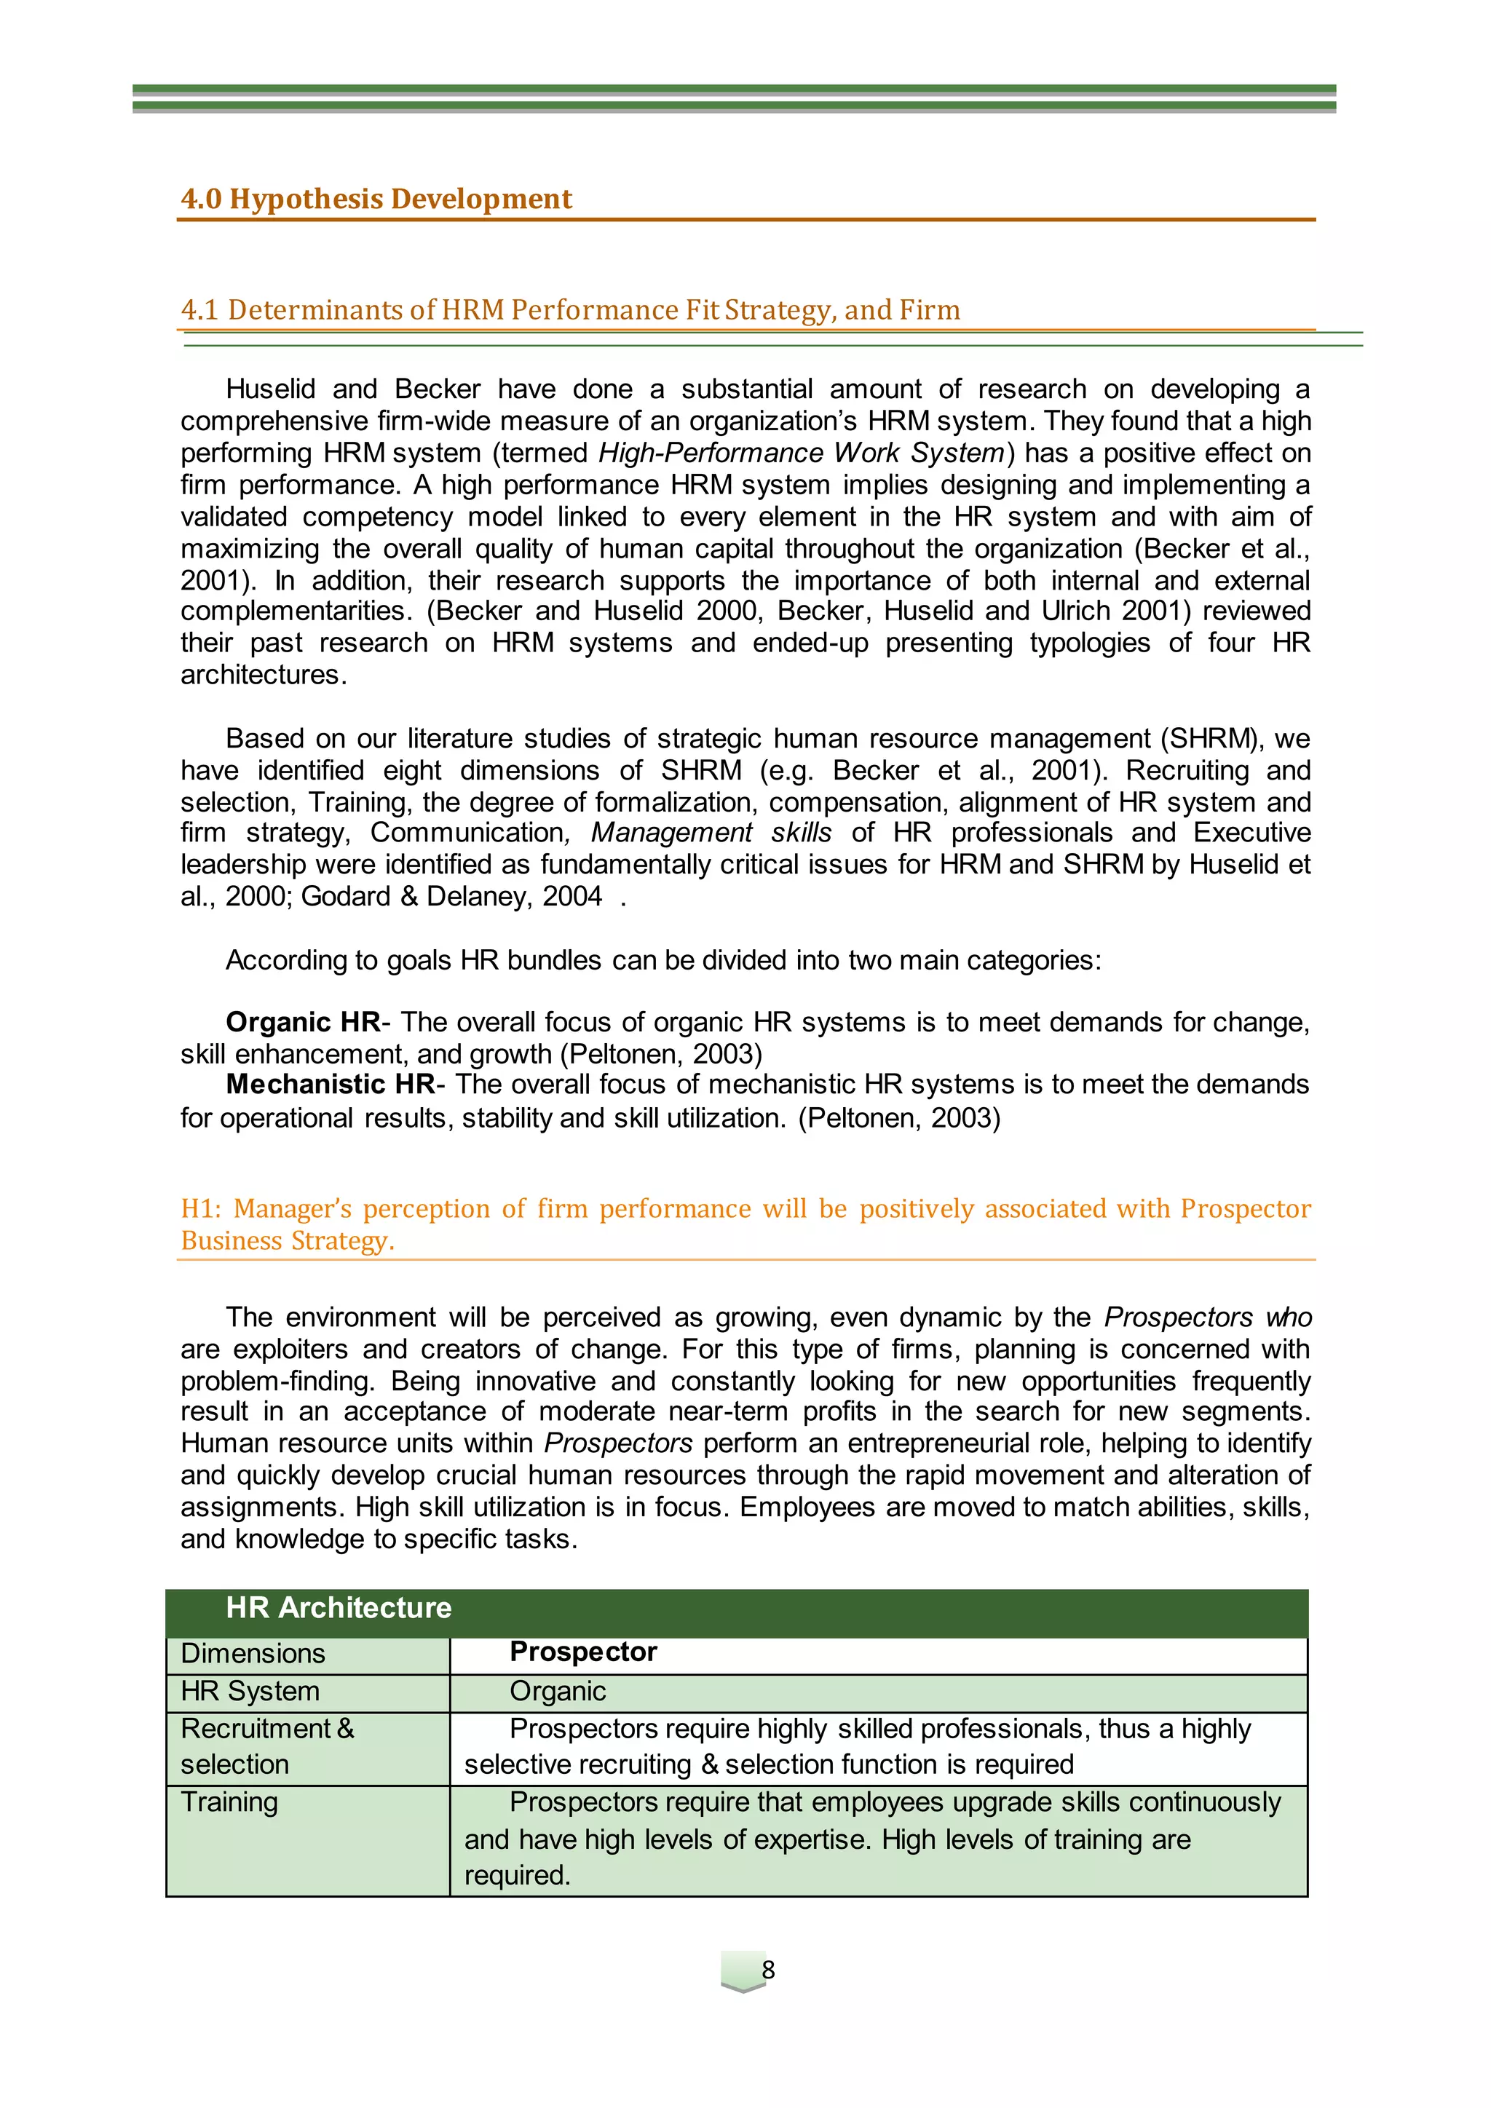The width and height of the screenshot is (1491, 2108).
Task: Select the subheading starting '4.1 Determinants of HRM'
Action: (570, 309)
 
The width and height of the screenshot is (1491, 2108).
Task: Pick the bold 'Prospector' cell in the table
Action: (583, 1651)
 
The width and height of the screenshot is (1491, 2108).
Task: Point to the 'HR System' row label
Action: (250, 1690)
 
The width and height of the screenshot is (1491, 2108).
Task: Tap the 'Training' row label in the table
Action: (229, 1802)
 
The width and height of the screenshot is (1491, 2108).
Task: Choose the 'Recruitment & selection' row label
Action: (266, 1746)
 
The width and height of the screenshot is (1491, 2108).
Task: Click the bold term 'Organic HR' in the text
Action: (303, 1022)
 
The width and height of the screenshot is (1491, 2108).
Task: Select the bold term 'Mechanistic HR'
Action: (331, 1085)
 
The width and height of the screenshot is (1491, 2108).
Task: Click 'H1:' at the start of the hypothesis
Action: (201, 1208)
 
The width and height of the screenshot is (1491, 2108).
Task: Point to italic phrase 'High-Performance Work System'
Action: (802, 453)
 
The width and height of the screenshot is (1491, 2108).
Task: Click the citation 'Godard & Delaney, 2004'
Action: (451, 896)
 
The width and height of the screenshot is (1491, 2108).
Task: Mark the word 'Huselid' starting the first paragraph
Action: (270, 389)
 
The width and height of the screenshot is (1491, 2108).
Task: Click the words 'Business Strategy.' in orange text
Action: (288, 1240)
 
